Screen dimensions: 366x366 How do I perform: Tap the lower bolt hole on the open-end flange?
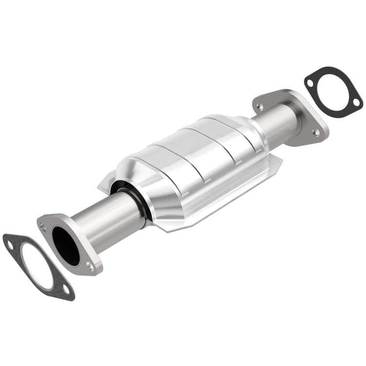89,267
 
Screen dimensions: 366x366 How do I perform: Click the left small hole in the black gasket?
310,81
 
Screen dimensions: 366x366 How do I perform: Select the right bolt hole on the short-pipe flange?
316,133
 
